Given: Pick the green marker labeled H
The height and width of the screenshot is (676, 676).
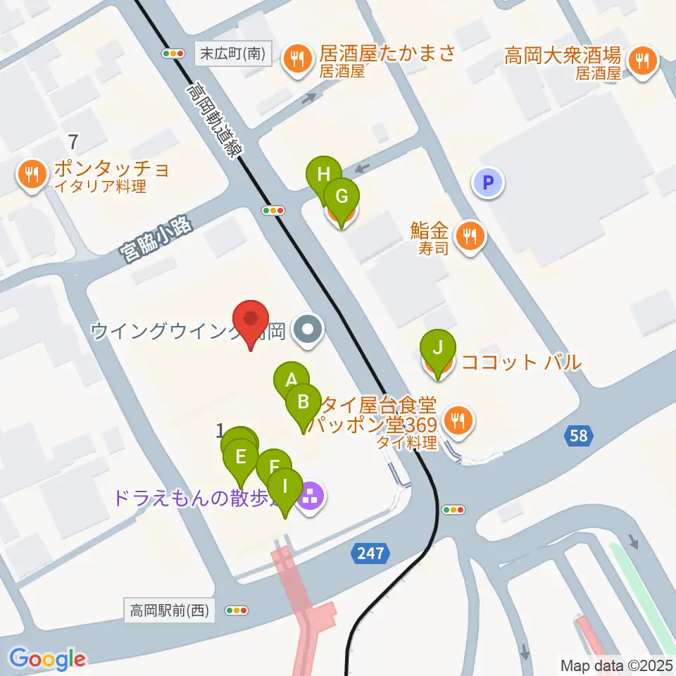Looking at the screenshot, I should [x=323, y=175].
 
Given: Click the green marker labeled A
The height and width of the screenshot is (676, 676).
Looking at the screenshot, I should [x=291, y=381].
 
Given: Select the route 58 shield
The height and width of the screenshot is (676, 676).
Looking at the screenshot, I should [x=577, y=437].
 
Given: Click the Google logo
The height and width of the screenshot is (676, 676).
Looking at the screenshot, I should [x=48, y=658].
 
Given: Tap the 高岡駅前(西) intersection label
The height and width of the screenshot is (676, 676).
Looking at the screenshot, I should [x=170, y=611].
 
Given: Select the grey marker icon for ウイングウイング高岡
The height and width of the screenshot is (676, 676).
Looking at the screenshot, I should [x=308, y=329].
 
